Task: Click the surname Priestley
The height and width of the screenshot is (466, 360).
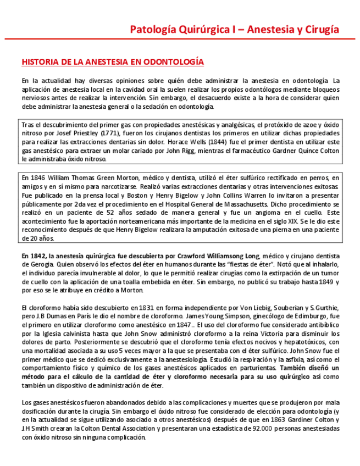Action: coord(82,133)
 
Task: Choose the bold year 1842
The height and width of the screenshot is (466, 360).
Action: coord(38,256)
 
